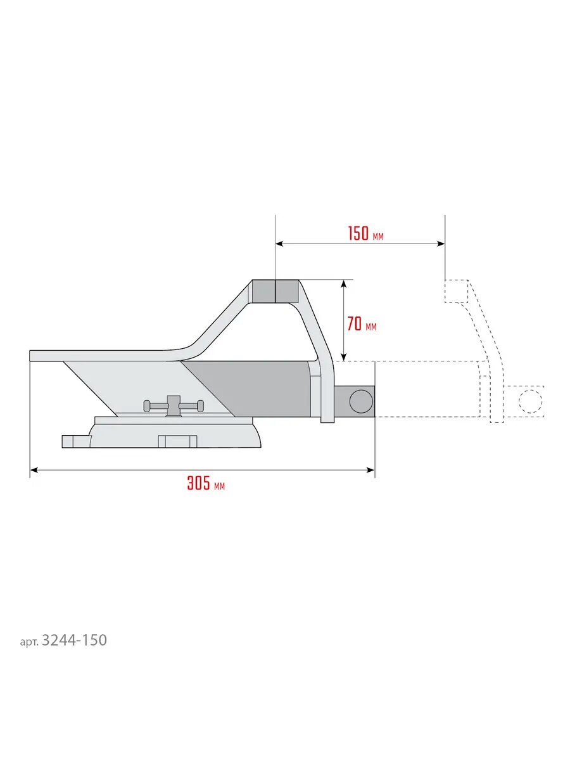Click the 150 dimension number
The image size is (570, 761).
pyautogui.click(x=358, y=233)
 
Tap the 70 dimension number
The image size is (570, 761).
pyautogui.click(x=355, y=324)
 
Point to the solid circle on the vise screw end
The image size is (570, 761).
pyautogui.click(x=361, y=401)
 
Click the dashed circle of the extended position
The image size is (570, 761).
pyautogui.click(x=530, y=401)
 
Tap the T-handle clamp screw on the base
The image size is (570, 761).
pyautogui.click(x=174, y=405)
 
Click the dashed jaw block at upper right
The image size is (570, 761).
pyautogui.click(x=457, y=291)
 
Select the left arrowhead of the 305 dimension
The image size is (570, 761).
pyautogui.click(x=34, y=470)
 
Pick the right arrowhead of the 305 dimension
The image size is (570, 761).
pyautogui.click(x=370, y=470)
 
